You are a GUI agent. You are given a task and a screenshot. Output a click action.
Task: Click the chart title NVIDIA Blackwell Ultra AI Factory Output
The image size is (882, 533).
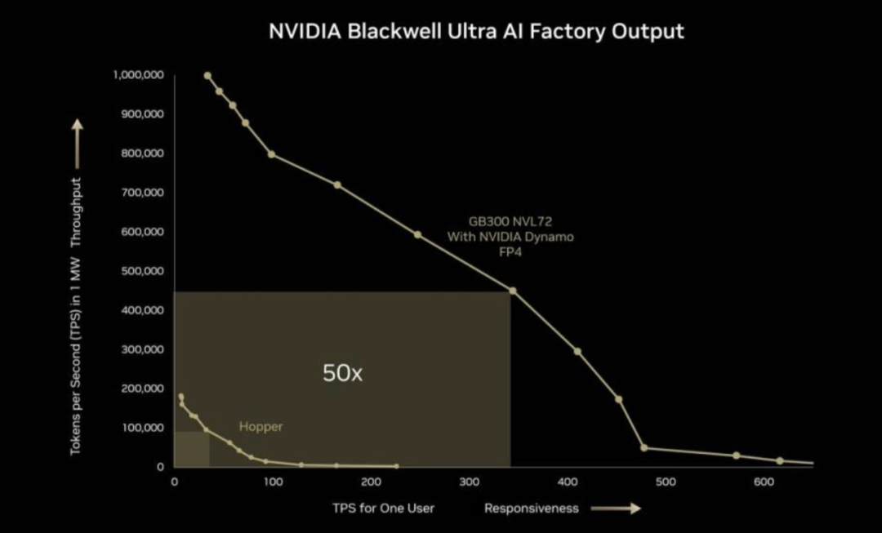coord(476,32)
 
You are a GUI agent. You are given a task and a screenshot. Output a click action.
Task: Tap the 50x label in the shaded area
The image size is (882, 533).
coord(342,373)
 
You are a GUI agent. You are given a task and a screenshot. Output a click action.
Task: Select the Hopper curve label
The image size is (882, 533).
coord(261,426)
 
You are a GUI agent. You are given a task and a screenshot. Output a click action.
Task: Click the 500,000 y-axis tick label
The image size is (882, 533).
coord(143,271)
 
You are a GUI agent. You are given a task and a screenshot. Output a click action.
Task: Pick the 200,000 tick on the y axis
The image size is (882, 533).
coord(143,389)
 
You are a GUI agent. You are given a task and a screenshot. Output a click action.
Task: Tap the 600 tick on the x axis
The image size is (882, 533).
coord(764,482)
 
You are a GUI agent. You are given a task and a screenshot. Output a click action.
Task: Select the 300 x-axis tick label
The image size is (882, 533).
coord(469,482)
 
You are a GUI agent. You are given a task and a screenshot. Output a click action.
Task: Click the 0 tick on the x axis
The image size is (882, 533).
coord(175,482)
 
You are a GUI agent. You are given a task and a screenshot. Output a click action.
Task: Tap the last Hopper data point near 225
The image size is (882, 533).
coord(396,466)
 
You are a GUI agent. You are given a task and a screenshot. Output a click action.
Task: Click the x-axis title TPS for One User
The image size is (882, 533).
coord(383,509)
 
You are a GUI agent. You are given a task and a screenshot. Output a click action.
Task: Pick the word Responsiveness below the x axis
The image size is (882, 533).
coord(531,509)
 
